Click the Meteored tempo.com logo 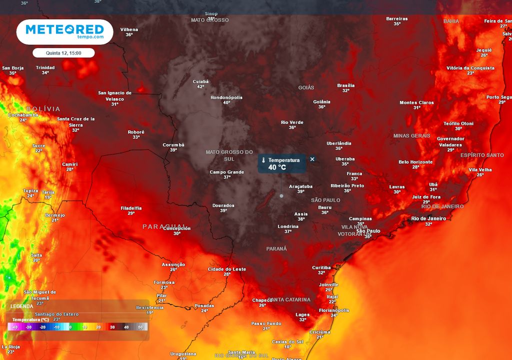(x=64, y=32)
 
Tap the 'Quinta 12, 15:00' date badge (x=63, y=52)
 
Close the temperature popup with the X (x=312, y=159)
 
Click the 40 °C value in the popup (x=277, y=167)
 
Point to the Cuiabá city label (x=200, y=81)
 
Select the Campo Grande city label (x=226, y=172)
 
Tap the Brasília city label (x=346, y=85)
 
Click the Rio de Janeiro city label (x=428, y=218)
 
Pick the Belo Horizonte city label (x=415, y=162)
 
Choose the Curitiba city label (x=321, y=267)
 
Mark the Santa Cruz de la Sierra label (x=75, y=121)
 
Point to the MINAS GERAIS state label (x=411, y=135)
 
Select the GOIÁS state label (x=306, y=87)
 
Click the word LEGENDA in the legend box (x=22, y=306)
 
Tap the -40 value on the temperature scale (x=15, y=327)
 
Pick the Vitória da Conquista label (x=470, y=68)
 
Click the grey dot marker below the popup (x=281, y=195)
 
